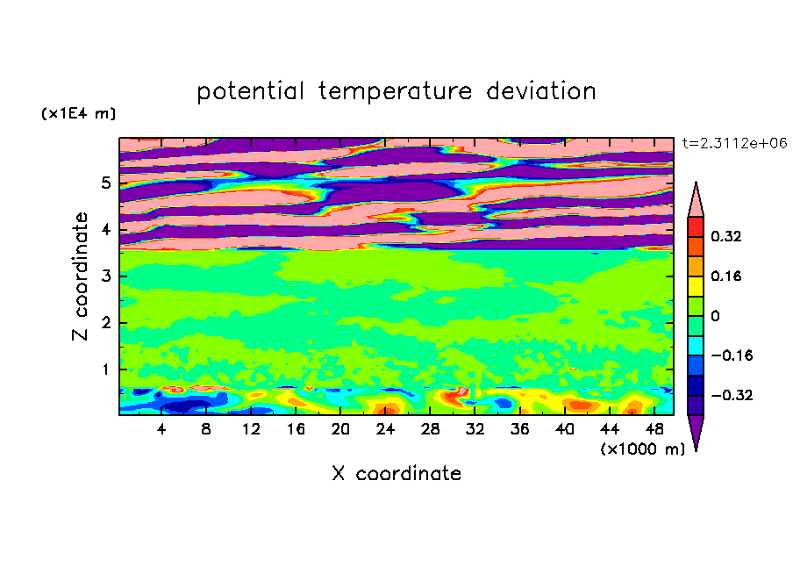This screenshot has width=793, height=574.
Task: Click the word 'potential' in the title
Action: pos(250,92)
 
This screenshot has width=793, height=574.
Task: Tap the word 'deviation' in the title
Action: pos(540,91)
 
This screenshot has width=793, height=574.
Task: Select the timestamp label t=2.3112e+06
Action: pos(734,143)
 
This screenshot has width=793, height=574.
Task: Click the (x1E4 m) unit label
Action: pos(78,113)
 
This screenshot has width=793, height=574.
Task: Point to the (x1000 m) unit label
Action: pos(642,449)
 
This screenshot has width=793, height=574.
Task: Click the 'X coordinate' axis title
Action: pos(396,474)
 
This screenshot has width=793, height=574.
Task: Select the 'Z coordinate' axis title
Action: pos(81,276)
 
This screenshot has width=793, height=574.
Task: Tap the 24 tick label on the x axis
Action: pos(385,429)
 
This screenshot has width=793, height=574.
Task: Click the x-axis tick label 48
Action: pos(654,429)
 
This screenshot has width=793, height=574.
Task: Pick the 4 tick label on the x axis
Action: pos(161,429)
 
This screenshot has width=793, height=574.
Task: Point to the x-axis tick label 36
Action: pos(520,429)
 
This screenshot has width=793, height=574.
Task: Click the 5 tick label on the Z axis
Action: pos(105,183)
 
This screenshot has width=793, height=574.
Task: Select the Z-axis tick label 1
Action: pos(105,370)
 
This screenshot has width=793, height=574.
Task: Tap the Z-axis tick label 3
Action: pos(105,276)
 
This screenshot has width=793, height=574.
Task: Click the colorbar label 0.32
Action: pos(726,236)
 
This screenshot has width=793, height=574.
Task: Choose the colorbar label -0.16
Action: pos(732,355)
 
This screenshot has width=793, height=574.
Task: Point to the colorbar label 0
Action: pos(715,316)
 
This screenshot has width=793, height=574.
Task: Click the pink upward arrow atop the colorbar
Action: pos(696,200)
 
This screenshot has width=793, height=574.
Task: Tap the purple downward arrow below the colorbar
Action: pos(696,433)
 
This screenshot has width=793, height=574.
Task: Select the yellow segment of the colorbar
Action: pos(696,286)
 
